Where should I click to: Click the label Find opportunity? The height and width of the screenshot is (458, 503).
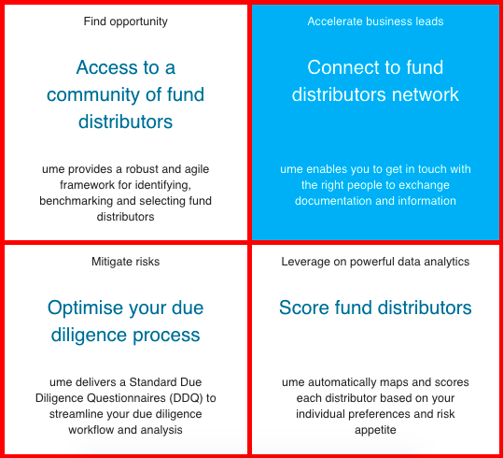[x=125, y=21]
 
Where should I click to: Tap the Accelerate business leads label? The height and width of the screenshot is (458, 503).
[x=375, y=21]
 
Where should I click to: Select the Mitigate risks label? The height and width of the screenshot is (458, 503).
[x=125, y=262]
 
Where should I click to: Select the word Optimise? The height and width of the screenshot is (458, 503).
[x=85, y=308]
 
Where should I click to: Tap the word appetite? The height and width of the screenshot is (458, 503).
[x=375, y=430]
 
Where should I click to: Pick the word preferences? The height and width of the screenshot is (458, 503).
[x=379, y=414]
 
